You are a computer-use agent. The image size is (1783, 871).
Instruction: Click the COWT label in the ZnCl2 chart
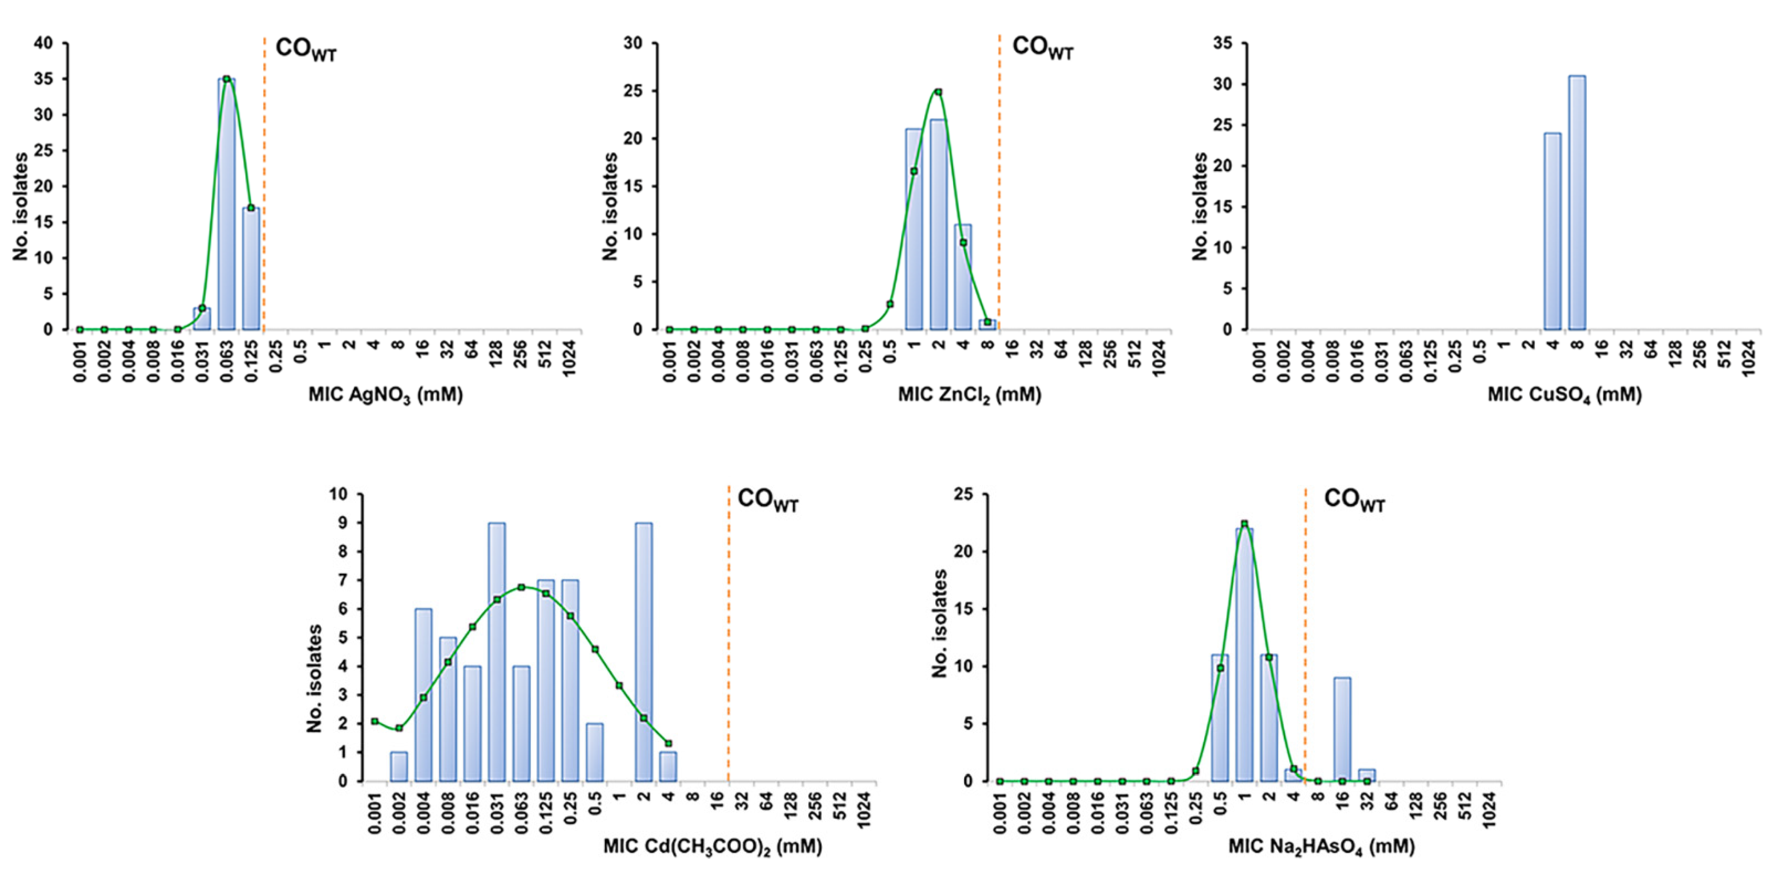(1042, 48)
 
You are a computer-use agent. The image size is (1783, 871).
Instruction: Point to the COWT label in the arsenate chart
(1354, 499)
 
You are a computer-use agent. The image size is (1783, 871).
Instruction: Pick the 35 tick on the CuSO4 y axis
(1222, 43)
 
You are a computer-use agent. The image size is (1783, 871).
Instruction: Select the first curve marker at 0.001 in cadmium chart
(374, 721)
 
